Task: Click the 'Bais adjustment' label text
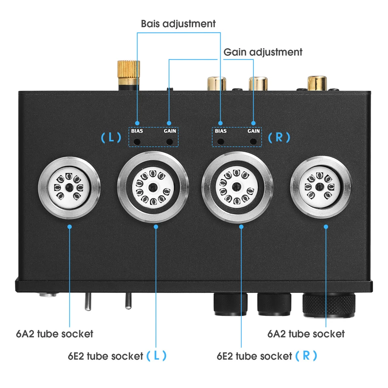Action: [x=178, y=23]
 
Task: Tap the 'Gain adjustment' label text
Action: [x=263, y=52]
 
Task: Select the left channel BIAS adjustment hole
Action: [x=137, y=142]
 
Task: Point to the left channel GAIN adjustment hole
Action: [x=170, y=142]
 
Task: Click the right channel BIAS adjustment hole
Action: [x=221, y=142]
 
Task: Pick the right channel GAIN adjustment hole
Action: [x=254, y=142]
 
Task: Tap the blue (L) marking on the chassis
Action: [x=111, y=137]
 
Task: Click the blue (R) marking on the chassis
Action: [x=279, y=137]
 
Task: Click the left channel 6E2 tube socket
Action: [x=153, y=187]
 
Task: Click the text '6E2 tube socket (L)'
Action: [x=117, y=356]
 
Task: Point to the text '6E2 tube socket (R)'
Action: [x=267, y=356]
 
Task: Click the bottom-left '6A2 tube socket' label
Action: [x=55, y=334]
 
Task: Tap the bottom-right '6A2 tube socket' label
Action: [x=306, y=334]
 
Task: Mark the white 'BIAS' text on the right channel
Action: [x=221, y=131]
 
